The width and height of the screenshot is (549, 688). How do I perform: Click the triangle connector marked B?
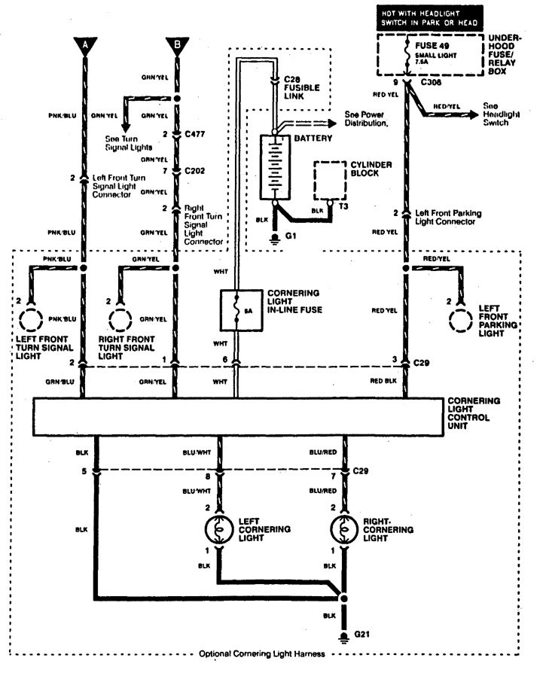176,47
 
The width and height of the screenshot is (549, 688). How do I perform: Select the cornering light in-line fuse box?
239,309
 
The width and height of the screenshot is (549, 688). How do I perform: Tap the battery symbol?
276,166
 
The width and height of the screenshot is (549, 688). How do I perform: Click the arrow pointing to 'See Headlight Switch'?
470,114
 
